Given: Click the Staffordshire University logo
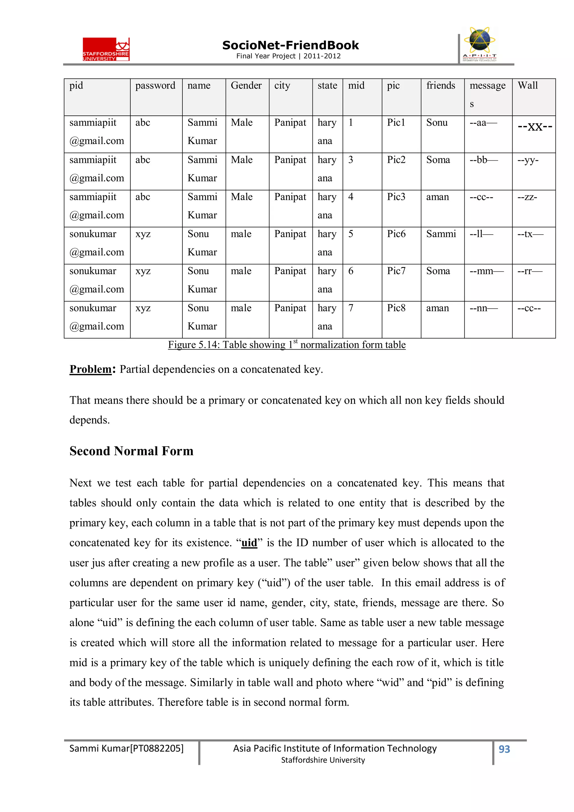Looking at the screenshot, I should [106, 49].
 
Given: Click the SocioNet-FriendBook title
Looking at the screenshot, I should [290, 45].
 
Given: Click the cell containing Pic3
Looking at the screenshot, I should [396, 197].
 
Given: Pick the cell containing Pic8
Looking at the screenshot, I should [396, 308].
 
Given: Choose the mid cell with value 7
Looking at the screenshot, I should [351, 308].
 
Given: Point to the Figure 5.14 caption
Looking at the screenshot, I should [286, 345].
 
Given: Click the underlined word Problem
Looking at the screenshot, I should [91, 369].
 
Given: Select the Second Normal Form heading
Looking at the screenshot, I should [131, 451].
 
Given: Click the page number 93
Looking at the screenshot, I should [504, 749].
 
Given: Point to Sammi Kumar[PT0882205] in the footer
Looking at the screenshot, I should [126, 748].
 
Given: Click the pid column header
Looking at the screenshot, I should [76, 85].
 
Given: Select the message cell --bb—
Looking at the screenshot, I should [483, 160].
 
